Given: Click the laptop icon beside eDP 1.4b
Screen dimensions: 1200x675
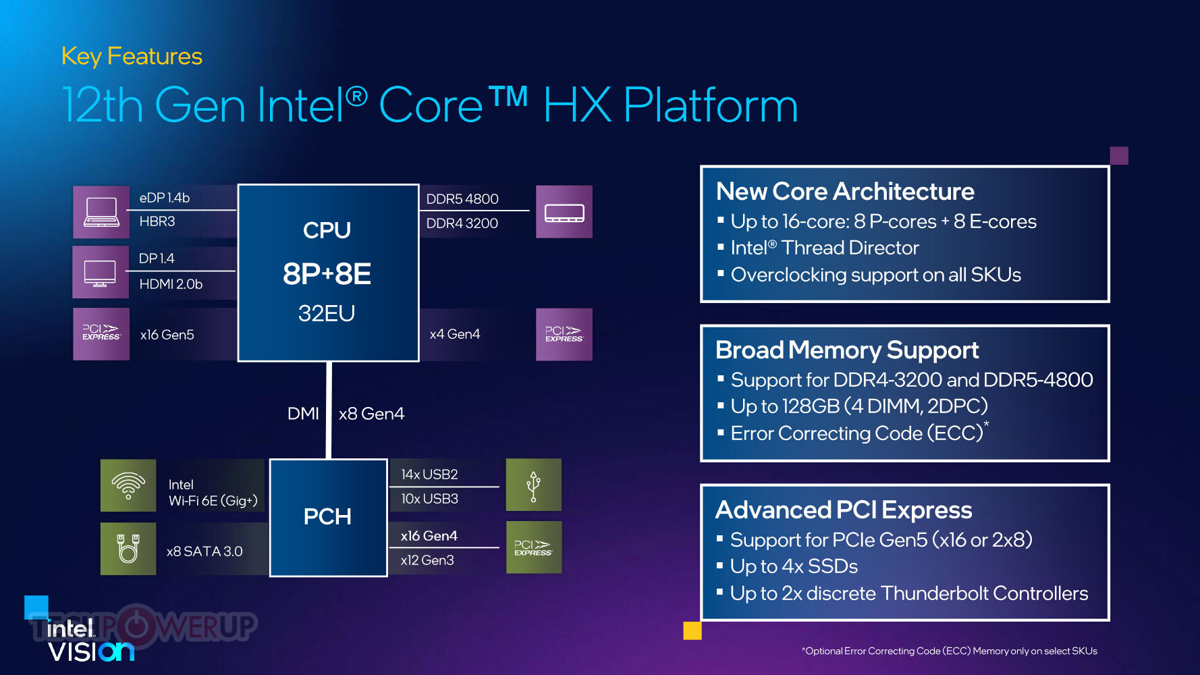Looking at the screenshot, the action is tap(101, 212).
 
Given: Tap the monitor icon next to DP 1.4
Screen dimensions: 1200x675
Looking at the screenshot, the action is tap(101, 273).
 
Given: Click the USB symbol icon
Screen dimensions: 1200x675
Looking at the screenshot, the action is tap(534, 485).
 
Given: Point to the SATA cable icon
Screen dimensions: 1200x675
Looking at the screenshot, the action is tap(128, 549).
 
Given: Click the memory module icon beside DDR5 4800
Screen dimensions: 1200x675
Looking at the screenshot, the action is tap(564, 212).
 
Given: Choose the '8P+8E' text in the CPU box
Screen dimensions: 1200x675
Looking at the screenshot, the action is tap(327, 273).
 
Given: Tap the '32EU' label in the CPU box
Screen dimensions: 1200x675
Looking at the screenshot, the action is tap(327, 313).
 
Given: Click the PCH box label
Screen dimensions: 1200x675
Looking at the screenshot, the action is tap(327, 516).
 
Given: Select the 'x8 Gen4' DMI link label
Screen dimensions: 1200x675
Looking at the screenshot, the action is tap(371, 414).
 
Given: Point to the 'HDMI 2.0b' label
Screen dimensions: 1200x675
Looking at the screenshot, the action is tap(171, 284).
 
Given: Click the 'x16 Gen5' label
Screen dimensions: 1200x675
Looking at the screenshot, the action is tap(167, 335).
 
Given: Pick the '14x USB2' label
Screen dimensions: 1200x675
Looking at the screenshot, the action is tap(429, 475).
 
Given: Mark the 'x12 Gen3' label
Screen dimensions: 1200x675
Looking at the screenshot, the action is tap(427, 560).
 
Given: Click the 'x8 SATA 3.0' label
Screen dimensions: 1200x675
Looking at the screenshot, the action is tap(204, 551).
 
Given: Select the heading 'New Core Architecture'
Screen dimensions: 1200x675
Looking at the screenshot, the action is tap(845, 192).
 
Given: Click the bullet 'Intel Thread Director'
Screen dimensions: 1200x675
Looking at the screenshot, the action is tap(825, 248).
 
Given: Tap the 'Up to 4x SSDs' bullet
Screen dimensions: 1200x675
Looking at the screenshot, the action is tap(794, 566).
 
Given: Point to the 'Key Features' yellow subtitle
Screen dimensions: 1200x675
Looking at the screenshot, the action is tap(132, 57).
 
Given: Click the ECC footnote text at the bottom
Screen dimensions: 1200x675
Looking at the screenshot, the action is tap(950, 651).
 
